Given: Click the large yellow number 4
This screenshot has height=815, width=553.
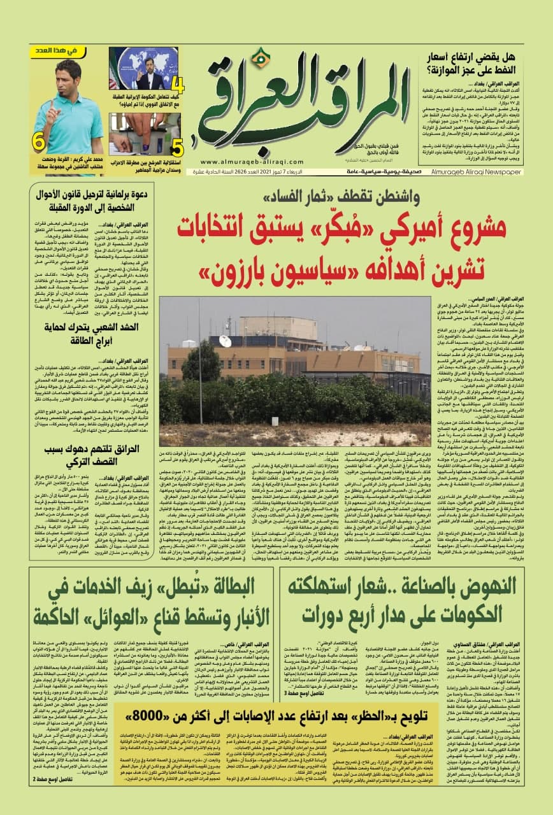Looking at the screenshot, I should point(179,85).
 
